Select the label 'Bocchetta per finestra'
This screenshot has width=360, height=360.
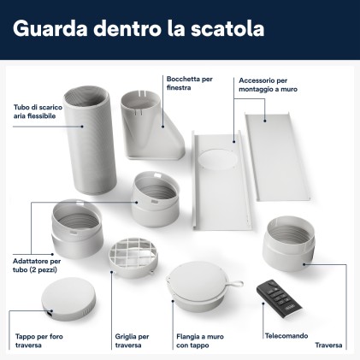tap(189, 83)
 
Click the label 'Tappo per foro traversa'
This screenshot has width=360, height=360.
tap(39, 341)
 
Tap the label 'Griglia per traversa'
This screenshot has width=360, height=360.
tap(132, 341)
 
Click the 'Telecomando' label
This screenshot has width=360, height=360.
tap(286, 336)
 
